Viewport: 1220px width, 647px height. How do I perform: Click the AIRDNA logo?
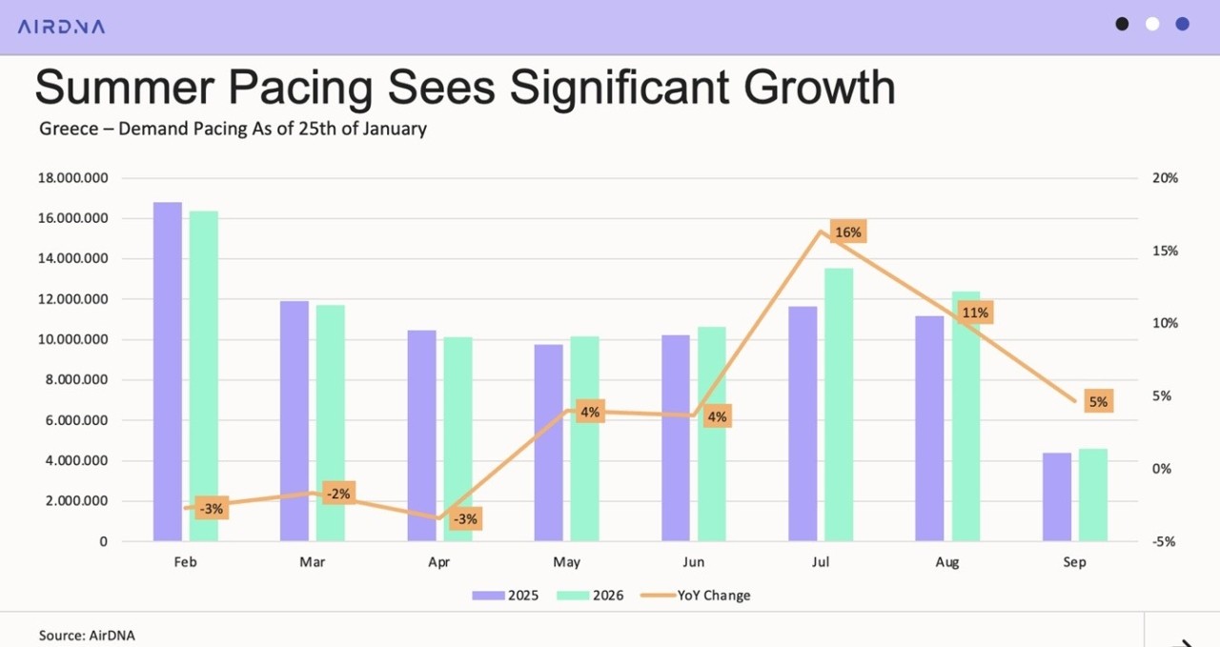point(61,26)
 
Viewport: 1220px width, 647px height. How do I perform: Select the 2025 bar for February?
point(168,372)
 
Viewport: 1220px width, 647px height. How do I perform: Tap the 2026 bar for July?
point(839,405)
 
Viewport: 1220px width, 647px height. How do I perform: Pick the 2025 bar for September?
point(1057,496)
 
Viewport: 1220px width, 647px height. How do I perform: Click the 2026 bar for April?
point(457,439)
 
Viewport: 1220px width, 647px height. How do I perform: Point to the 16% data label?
point(847,233)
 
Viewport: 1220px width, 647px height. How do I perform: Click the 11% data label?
point(975,313)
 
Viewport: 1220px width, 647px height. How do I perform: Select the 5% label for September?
point(1098,402)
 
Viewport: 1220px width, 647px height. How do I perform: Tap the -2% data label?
point(338,494)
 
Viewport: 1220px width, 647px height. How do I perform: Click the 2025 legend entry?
point(506,596)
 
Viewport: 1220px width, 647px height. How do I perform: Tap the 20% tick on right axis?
point(1165,178)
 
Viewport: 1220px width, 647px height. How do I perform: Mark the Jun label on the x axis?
point(693,562)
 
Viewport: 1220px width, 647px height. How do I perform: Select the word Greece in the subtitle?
point(69,129)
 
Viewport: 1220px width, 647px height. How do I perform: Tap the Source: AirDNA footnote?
point(87,635)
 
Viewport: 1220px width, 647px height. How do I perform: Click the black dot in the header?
point(1123,24)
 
